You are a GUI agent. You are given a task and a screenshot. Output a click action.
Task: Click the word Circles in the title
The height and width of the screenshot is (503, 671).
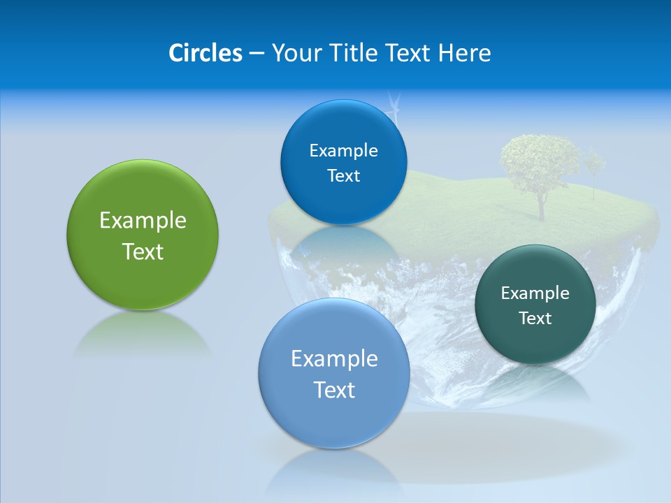(x=205, y=52)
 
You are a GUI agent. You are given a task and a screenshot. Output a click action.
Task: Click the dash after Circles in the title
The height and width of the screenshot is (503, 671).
(x=256, y=53)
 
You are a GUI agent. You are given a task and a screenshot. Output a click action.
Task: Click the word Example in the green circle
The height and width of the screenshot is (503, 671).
(x=143, y=220)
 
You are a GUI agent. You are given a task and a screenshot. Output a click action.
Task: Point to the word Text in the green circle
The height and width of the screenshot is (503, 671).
(x=143, y=251)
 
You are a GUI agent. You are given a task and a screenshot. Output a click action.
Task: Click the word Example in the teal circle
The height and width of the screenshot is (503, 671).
(x=535, y=293)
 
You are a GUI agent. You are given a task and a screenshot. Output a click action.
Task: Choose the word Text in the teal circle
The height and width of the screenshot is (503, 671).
(x=535, y=319)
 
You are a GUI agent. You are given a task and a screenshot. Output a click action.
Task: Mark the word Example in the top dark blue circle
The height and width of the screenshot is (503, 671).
(x=343, y=150)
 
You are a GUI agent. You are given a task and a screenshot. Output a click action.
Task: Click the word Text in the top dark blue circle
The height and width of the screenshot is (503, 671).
(x=343, y=176)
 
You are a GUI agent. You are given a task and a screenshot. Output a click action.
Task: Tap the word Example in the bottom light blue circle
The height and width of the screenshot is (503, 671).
(x=334, y=358)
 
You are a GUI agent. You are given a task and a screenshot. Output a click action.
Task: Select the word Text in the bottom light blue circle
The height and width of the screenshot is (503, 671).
(x=334, y=390)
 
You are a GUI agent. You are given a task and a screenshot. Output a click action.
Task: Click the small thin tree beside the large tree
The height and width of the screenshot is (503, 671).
(x=594, y=168)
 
